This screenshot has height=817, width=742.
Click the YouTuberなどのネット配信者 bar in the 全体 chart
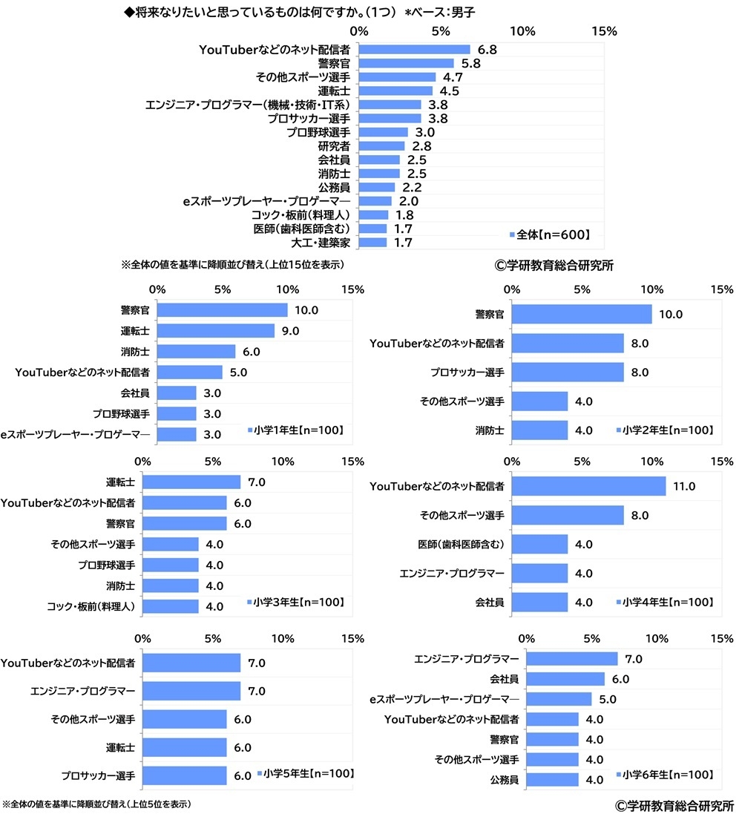click(x=414, y=49)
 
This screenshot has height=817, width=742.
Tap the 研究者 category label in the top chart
click(x=334, y=146)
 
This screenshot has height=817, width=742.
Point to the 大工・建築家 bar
click(x=372, y=243)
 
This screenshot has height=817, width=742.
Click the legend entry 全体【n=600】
click(x=549, y=234)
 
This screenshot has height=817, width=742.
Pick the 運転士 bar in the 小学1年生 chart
click(x=216, y=331)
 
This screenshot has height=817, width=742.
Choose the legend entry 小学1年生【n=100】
click(x=299, y=430)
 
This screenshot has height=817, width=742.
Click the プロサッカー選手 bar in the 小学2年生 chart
click(x=568, y=372)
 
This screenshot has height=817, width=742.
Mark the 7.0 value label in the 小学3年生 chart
click(x=257, y=482)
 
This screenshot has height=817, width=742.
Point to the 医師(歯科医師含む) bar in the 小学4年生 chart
click(x=539, y=544)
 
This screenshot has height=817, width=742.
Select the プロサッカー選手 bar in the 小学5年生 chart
click(x=185, y=775)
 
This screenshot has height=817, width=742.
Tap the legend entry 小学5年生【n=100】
click(x=306, y=774)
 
